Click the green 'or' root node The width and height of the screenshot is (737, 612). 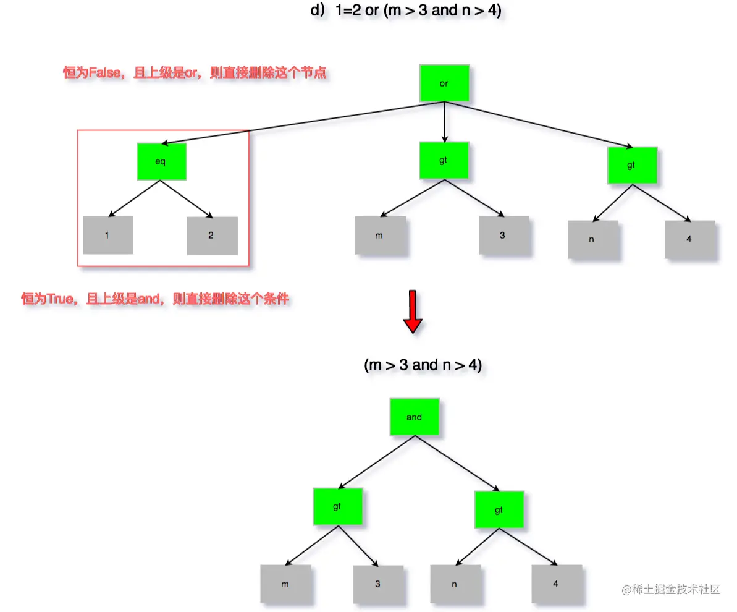coord(444,83)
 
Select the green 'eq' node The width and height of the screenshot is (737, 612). coord(161,161)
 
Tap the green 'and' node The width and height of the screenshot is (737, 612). coord(415,417)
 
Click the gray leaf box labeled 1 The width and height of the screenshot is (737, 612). coord(108,236)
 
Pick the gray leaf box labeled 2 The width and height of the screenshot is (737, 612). coord(212,236)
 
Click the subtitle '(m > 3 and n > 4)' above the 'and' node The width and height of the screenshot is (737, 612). coord(423,365)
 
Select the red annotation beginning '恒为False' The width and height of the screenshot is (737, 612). coord(195,74)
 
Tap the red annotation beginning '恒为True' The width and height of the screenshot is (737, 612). coord(155,300)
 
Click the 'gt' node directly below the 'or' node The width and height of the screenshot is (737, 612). coord(444,161)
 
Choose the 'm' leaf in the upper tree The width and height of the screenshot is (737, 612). coord(381,236)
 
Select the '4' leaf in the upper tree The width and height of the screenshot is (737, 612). coord(689,239)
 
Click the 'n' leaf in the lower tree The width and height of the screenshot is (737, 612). coord(455,584)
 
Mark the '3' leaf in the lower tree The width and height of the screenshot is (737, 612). coord(378,584)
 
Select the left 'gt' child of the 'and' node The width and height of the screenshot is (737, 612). coord(337,507)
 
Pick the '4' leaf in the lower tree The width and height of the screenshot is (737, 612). coord(556,584)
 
